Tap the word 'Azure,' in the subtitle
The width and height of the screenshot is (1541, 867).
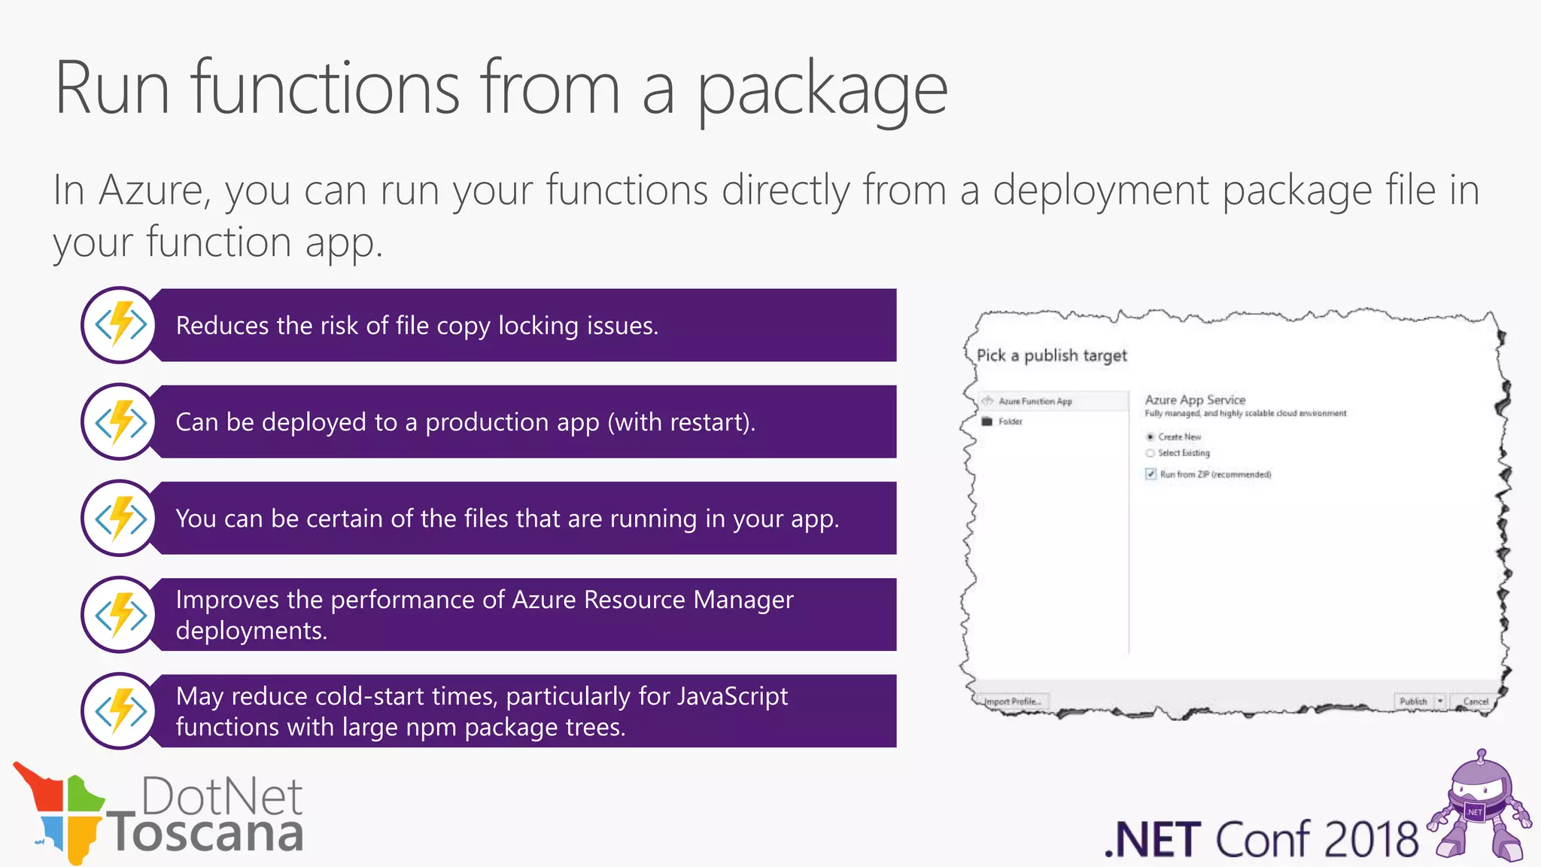coord(154,190)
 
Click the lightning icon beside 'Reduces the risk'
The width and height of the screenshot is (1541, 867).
coord(120,325)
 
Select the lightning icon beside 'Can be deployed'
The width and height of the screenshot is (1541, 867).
coord(120,421)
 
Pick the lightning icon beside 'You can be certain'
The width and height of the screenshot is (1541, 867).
coord(120,518)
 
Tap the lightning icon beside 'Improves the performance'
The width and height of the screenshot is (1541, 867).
coord(120,615)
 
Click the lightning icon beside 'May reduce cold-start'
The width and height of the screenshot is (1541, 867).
coord(120,711)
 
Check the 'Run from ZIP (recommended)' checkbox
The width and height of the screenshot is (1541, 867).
coord(1150,474)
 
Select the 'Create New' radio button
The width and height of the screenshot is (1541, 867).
coord(1150,437)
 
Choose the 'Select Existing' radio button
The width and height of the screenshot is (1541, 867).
coord(1150,453)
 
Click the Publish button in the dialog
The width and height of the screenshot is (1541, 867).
coord(1412,701)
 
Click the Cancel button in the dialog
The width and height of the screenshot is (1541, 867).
coord(1475,701)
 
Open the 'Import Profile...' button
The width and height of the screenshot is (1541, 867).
coord(1013,701)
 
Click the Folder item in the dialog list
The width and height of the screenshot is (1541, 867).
coord(1010,421)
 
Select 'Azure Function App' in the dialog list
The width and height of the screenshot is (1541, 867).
coord(1035,401)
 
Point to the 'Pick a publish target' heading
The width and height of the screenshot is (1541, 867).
coord(1051,355)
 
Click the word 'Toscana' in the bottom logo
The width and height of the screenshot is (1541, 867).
coord(206,834)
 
